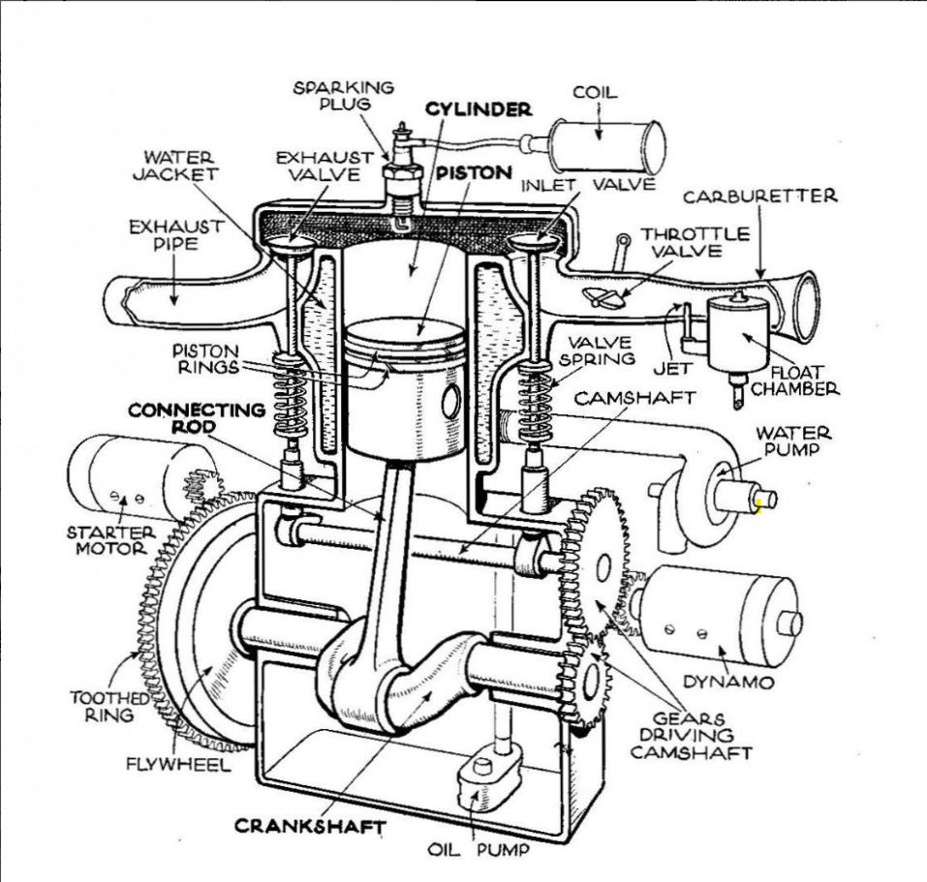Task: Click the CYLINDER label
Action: tap(478, 109)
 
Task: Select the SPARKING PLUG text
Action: tap(344, 95)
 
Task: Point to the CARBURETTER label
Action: tap(760, 197)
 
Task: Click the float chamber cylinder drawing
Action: tap(737, 334)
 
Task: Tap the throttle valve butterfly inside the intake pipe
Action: tap(598, 296)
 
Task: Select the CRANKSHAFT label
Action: tap(309, 826)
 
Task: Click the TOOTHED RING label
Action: tap(109, 705)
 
